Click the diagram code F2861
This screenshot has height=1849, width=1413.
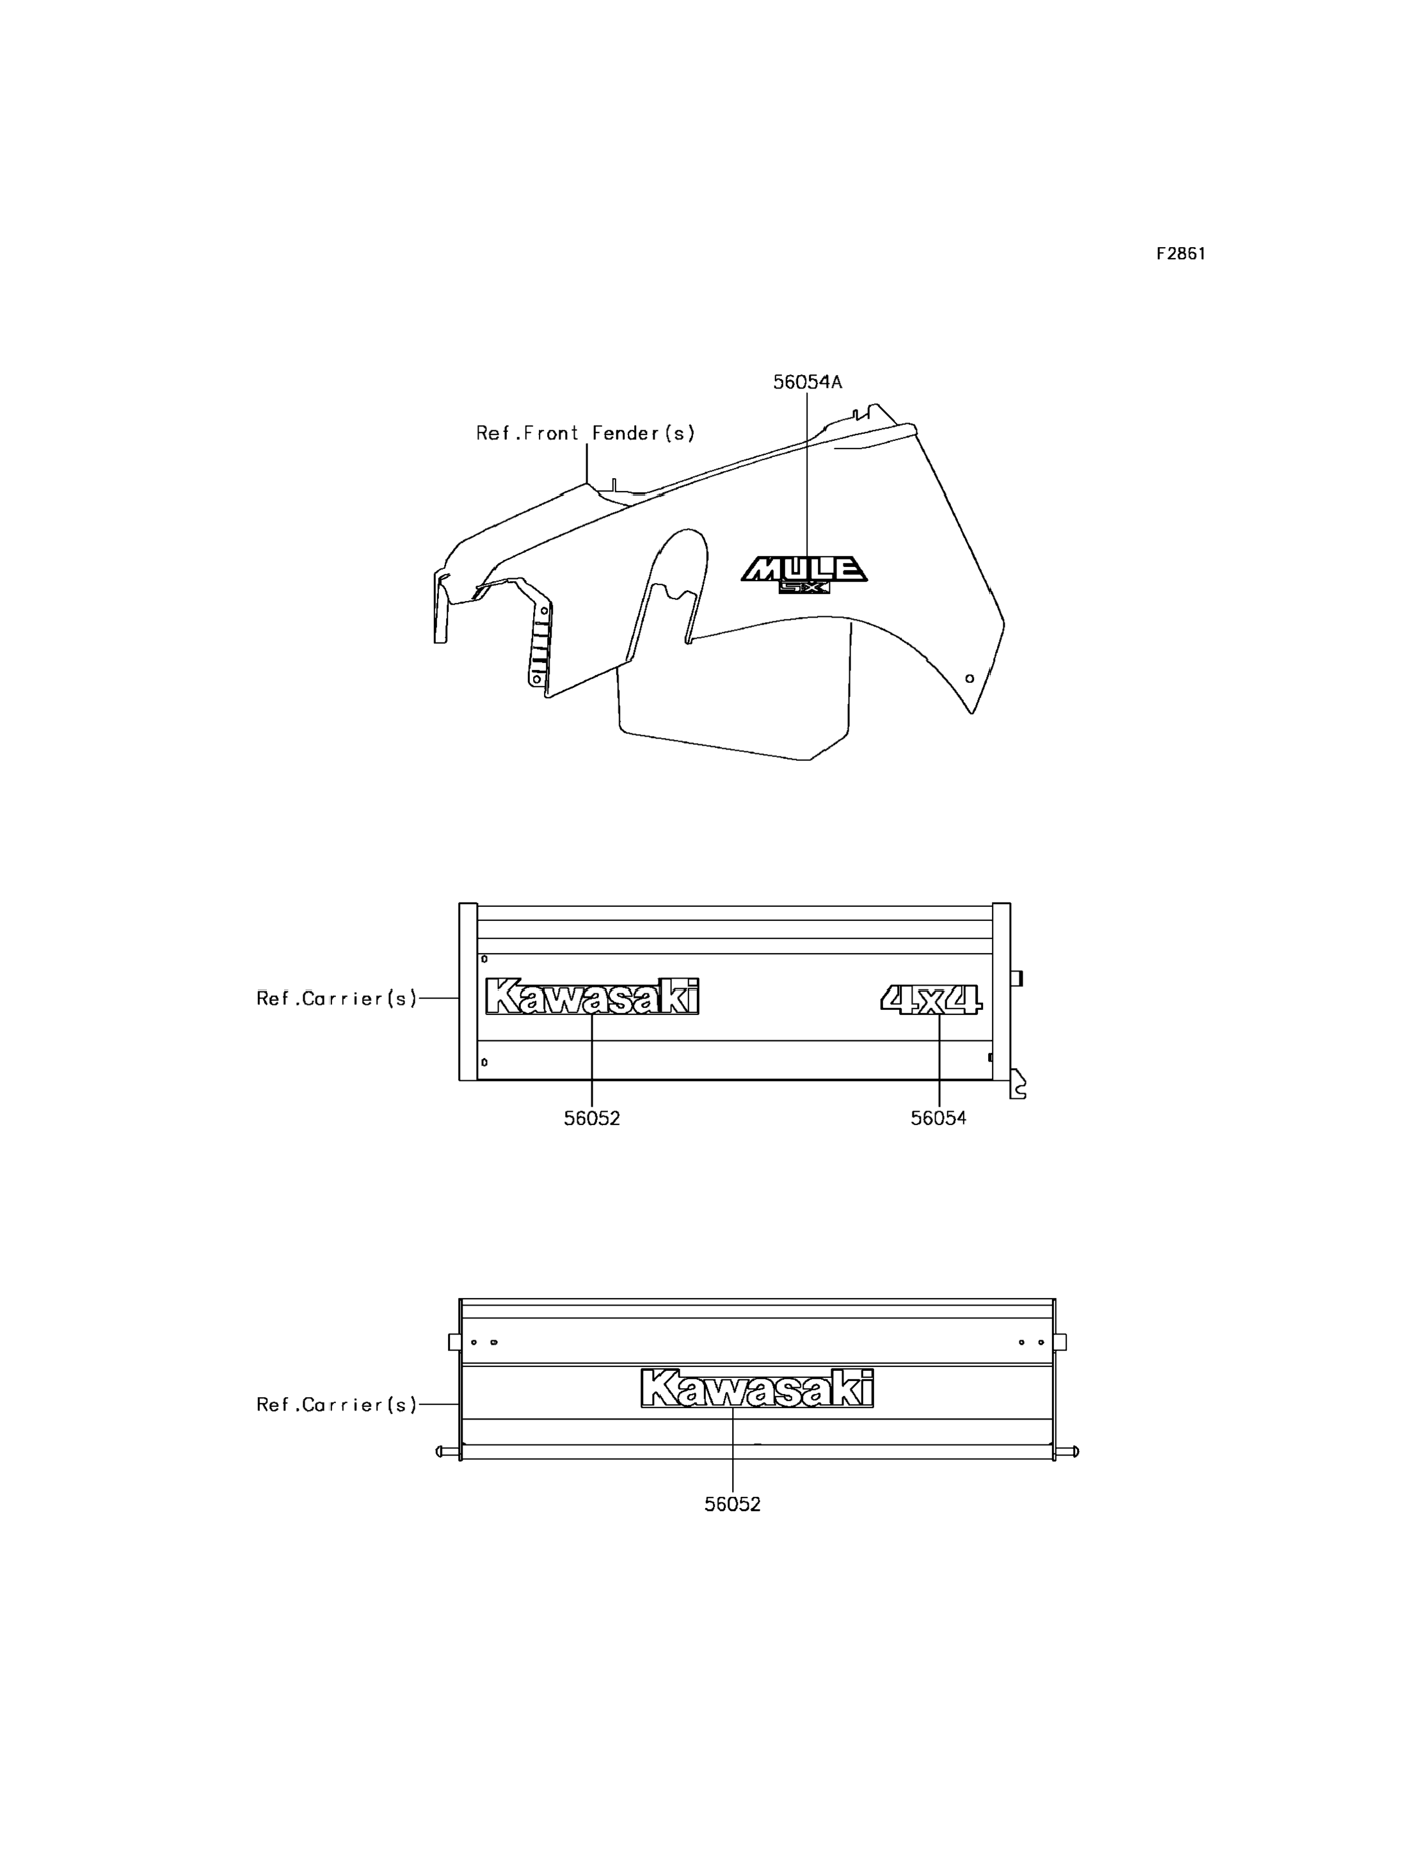click(1180, 253)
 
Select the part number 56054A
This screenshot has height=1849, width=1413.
click(808, 382)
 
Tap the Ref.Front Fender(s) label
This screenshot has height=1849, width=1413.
click(586, 433)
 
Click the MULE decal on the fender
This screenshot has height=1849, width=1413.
click(804, 569)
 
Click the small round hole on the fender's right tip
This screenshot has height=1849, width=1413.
click(969, 678)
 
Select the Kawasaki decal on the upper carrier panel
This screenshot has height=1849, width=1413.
click(592, 996)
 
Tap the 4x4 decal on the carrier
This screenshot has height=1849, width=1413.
click(931, 999)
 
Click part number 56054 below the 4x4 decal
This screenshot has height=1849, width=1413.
click(939, 1118)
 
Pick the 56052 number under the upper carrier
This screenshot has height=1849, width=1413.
click(592, 1118)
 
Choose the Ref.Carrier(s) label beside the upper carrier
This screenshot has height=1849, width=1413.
click(337, 998)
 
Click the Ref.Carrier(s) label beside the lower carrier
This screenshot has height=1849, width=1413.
click(337, 1404)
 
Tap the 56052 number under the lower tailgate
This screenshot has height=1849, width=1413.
click(733, 1504)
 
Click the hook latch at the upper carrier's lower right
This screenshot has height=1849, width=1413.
click(1018, 1084)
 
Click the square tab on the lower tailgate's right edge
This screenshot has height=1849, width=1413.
click(1060, 1341)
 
